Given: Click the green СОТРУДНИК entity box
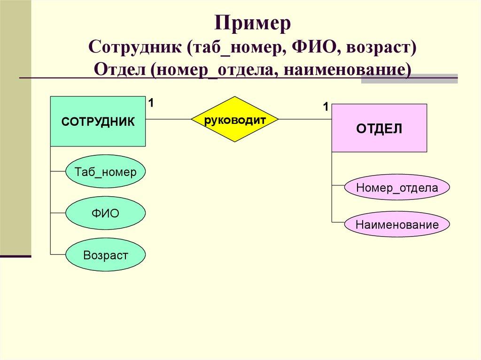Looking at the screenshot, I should pyautogui.click(x=98, y=122).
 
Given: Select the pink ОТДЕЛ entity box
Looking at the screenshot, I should pyautogui.click(x=379, y=128).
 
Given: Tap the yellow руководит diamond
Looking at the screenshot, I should pyautogui.click(x=235, y=120).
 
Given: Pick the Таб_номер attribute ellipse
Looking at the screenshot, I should pyautogui.click(x=105, y=172).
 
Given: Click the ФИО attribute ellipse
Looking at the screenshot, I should pyautogui.click(x=105, y=214).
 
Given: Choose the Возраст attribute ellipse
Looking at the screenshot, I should pyautogui.click(x=105, y=255).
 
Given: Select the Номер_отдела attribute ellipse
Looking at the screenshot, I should pyautogui.click(x=397, y=188).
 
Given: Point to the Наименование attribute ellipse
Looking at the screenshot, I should pyautogui.click(x=397, y=225).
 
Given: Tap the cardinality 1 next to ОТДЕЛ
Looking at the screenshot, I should pyautogui.click(x=325, y=107).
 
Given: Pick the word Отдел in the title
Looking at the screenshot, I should pyautogui.click(x=120, y=69).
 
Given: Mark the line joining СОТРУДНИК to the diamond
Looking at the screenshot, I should pyautogui.click(x=168, y=120).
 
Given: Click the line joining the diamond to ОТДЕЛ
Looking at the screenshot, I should pyautogui.click(x=305, y=120).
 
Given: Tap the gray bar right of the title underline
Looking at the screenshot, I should pyautogui.click(x=409, y=78).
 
